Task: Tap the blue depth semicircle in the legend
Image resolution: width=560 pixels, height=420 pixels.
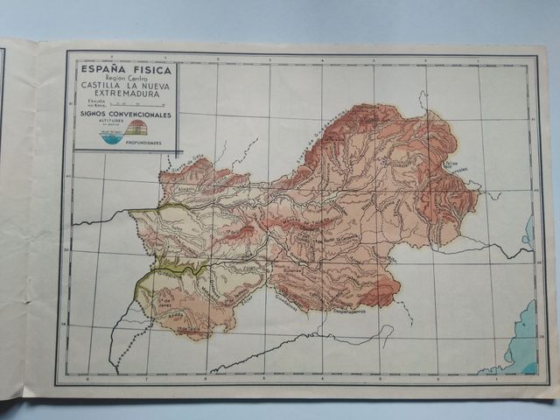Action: coord(113,137)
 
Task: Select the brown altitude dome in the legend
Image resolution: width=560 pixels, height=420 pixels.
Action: coord(136,129)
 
